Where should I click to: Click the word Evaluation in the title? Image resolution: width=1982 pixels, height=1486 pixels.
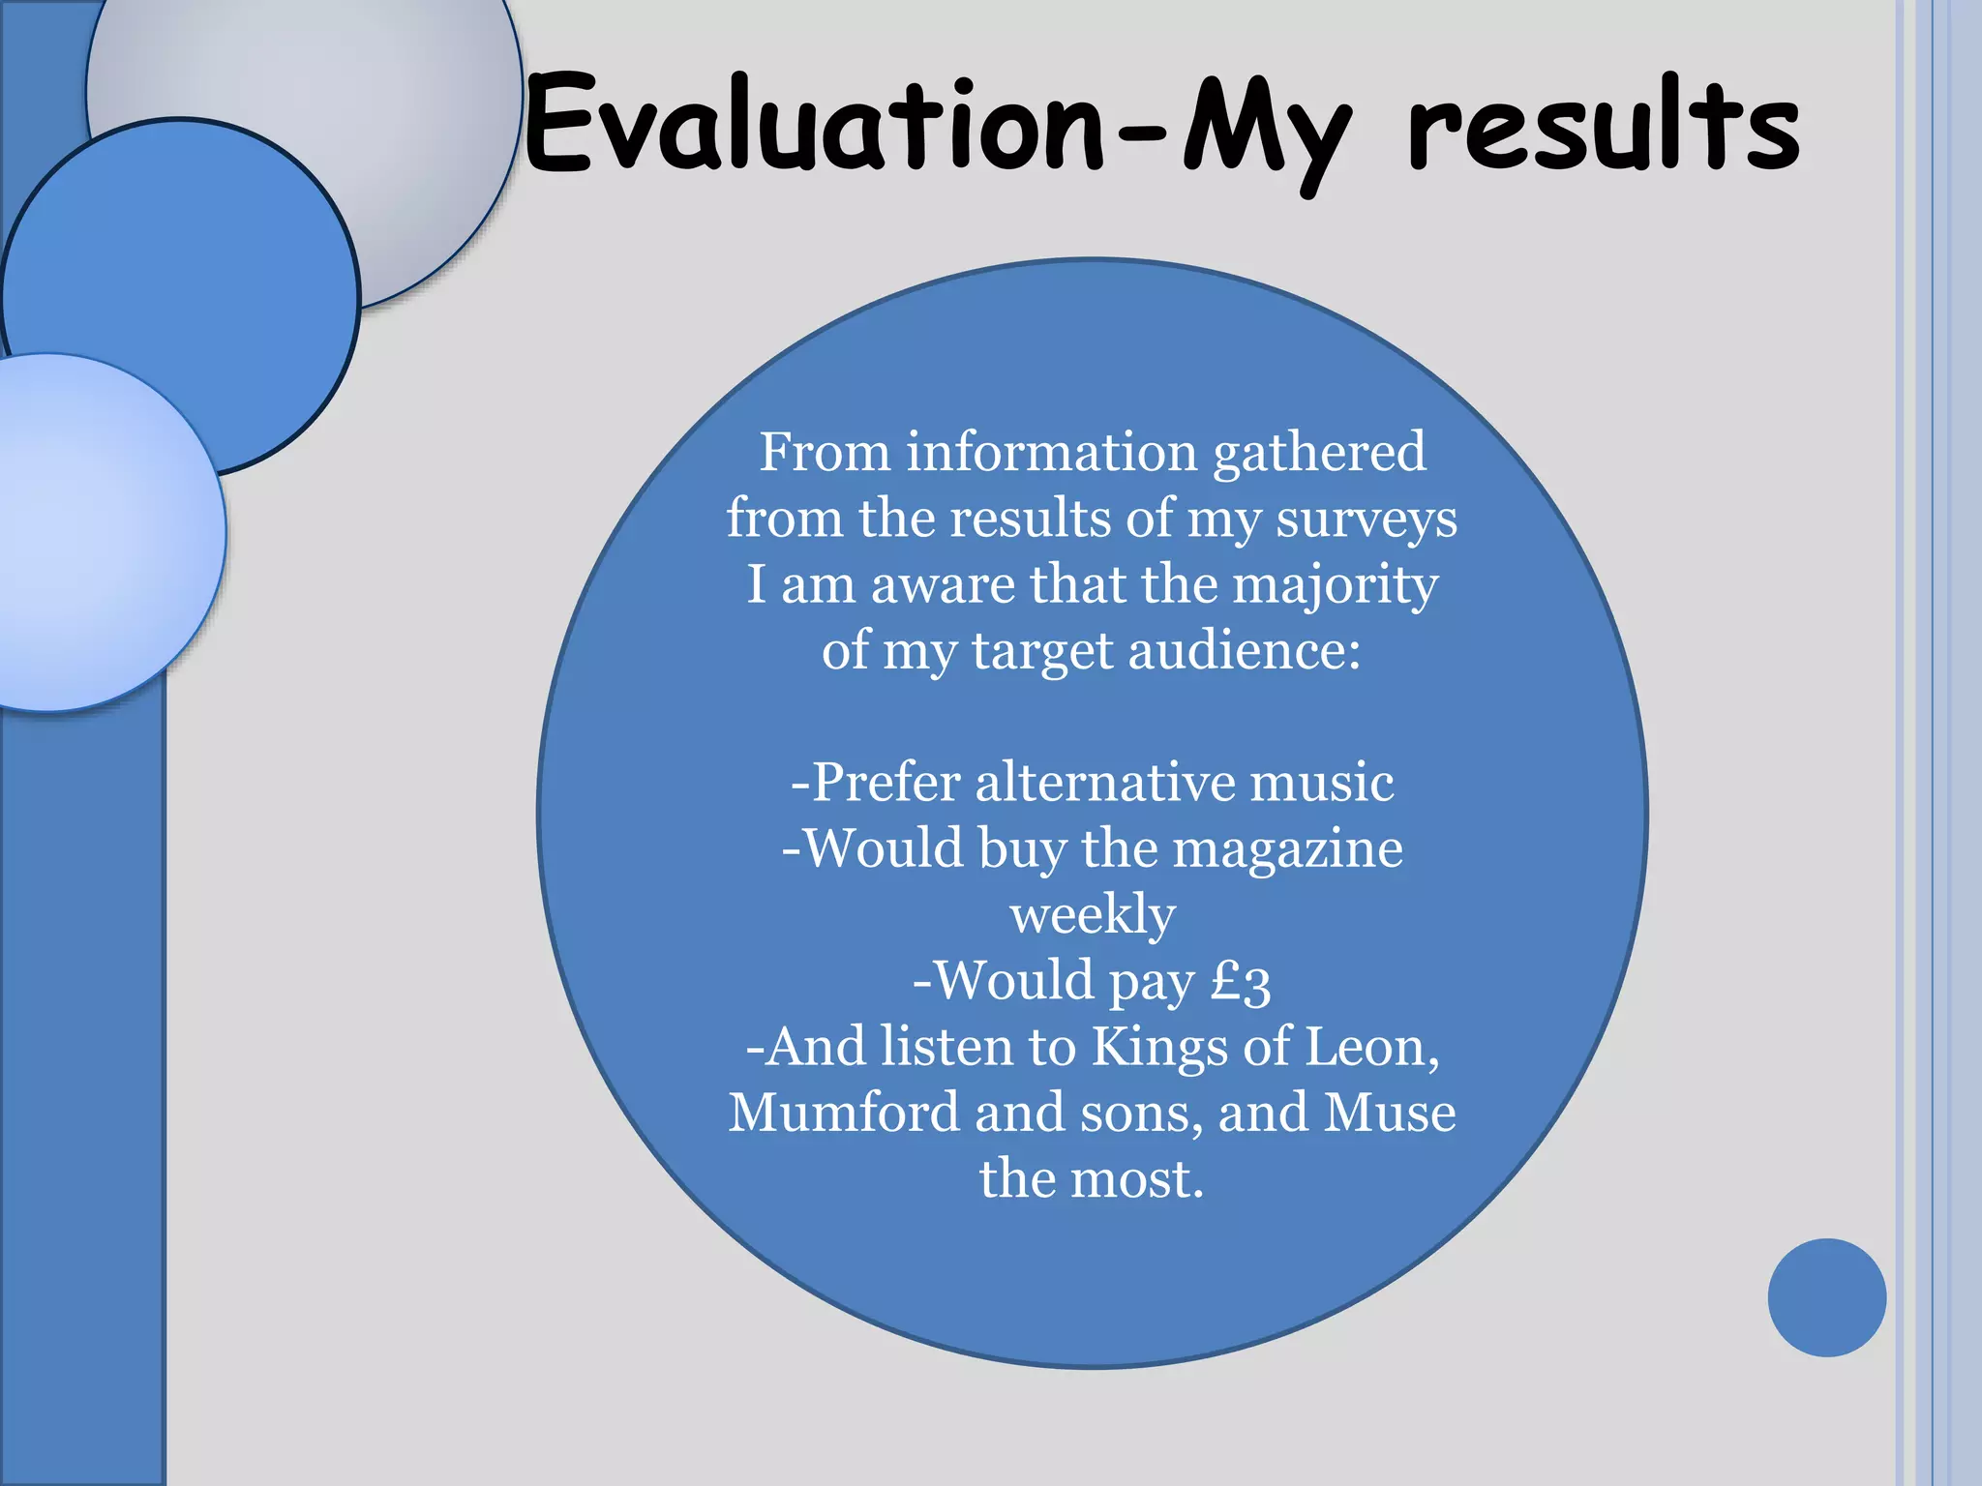click(813, 126)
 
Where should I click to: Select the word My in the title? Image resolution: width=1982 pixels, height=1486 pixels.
click(1263, 131)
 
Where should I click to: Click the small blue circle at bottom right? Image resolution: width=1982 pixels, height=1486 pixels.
click(1826, 1297)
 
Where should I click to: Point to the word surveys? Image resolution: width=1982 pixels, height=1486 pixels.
click(1366, 520)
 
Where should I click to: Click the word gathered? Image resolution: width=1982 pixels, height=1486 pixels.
click(1319, 453)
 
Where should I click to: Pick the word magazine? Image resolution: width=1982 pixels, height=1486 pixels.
click(1287, 849)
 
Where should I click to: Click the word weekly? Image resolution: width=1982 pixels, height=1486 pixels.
click(1093, 915)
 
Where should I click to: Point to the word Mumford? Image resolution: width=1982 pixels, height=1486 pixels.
click(844, 1113)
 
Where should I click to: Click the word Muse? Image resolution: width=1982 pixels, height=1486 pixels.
click(1390, 1113)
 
